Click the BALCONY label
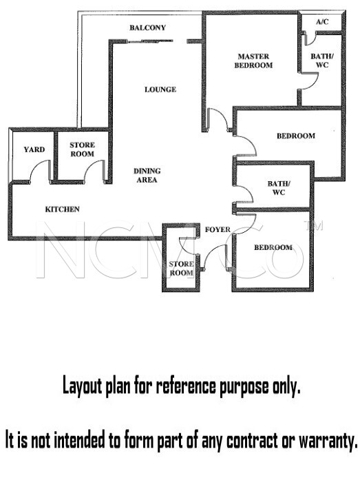(147, 28)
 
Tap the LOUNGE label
(160, 90)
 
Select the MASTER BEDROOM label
(253, 61)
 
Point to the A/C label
(322, 21)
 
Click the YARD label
(34, 149)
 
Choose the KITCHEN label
(62, 209)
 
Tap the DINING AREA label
(147, 176)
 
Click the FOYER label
(218, 229)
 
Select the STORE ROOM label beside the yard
(82, 149)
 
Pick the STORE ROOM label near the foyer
(181, 269)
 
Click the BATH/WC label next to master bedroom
(322, 61)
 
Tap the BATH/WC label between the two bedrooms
(279, 188)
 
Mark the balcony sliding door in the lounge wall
(150, 41)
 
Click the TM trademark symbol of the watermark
(314, 225)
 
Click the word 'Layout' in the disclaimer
(82, 386)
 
